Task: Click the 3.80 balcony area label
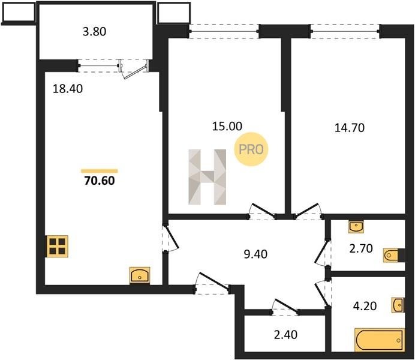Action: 95,31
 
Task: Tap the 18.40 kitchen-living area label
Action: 68,89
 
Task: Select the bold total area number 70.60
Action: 100,181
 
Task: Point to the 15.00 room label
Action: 227,126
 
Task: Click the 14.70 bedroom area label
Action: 350,128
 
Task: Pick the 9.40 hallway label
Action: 255,254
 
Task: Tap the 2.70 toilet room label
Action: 361,248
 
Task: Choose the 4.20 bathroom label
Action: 365,306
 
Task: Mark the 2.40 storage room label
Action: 285,335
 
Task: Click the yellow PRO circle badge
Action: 251,149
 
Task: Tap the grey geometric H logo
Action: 207,177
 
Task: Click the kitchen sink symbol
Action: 140,275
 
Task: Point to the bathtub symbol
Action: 380,340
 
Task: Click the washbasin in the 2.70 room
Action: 356,227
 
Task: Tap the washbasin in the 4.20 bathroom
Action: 398,305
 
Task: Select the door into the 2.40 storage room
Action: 287,306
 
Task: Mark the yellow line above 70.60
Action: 100,171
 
